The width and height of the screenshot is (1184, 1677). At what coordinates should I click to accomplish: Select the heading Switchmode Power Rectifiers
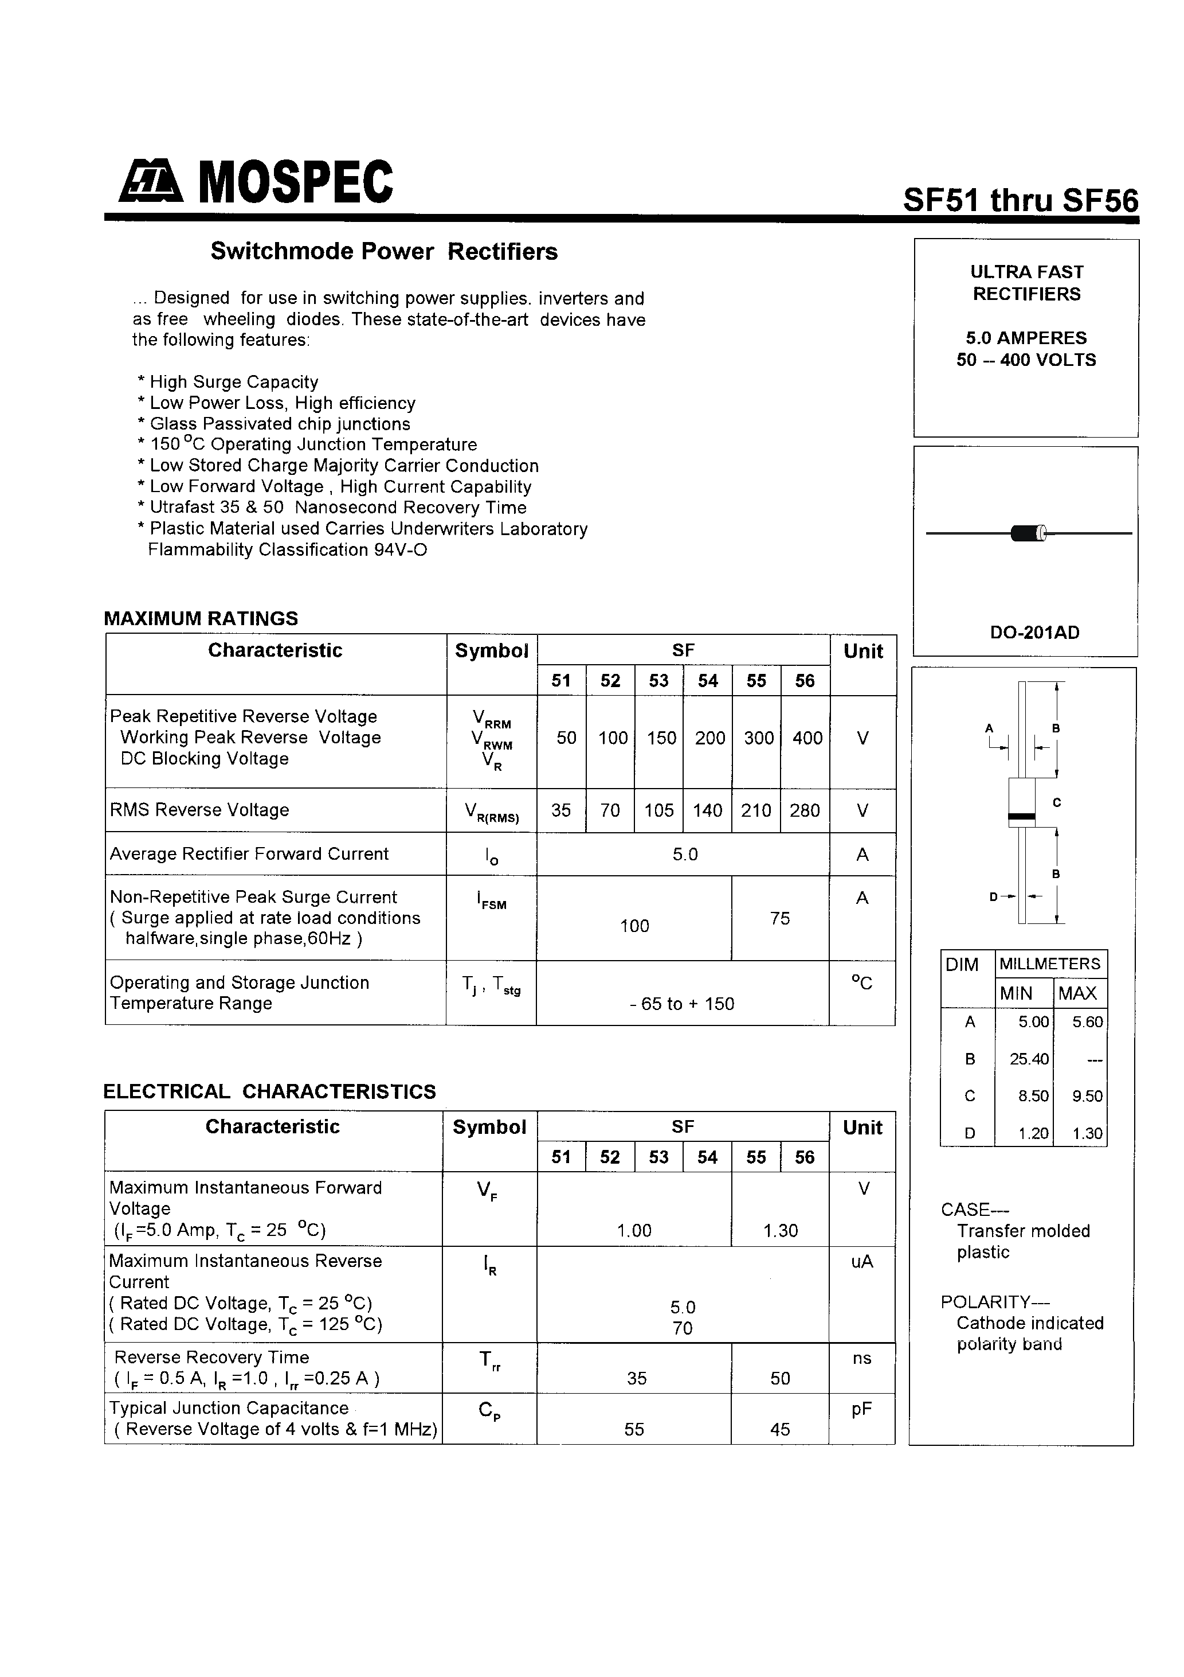384,251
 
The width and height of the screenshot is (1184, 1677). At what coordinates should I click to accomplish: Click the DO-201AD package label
1034,633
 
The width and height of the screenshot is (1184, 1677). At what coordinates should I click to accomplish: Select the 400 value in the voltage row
806,738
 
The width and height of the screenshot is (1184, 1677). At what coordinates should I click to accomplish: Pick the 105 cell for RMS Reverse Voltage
658,810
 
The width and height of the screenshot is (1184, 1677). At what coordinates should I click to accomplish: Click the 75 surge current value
779,918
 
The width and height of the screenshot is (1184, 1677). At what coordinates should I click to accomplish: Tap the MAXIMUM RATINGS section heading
201,619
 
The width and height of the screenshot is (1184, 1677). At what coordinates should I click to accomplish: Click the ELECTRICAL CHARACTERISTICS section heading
269,1091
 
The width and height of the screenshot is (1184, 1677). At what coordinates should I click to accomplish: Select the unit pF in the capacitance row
861,1409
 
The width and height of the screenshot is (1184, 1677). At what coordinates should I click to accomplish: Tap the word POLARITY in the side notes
985,1302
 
